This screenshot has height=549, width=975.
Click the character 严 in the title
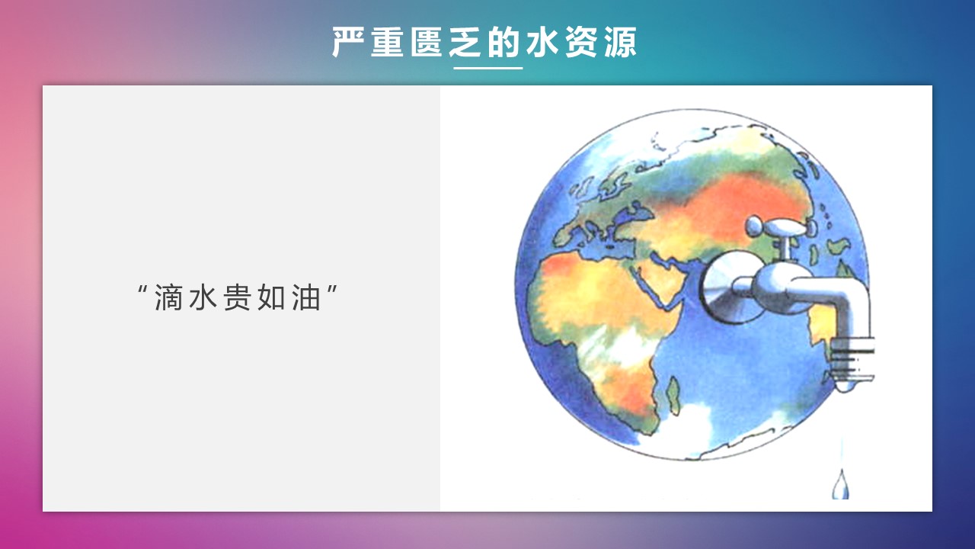click(348, 42)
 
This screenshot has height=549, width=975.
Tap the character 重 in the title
click(387, 42)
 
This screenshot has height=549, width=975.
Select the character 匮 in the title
click(426, 42)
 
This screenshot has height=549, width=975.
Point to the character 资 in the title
click(581, 42)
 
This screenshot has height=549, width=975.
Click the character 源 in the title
click(620, 42)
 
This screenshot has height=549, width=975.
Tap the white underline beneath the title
click(487, 68)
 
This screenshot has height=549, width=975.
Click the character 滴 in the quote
click(168, 297)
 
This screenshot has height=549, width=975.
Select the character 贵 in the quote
click(237, 297)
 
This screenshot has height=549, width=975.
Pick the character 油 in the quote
click(306, 297)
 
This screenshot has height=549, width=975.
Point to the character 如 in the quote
click(272, 297)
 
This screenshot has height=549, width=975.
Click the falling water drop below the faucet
click(840, 485)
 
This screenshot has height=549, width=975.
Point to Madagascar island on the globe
click(673, 394)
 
